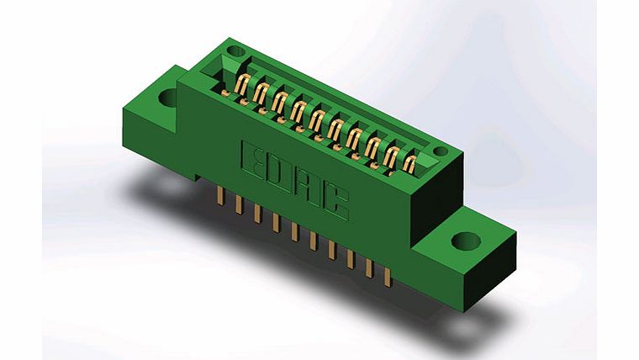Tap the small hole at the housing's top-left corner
235,52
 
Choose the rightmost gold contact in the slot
409,162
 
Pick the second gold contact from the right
391,155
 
